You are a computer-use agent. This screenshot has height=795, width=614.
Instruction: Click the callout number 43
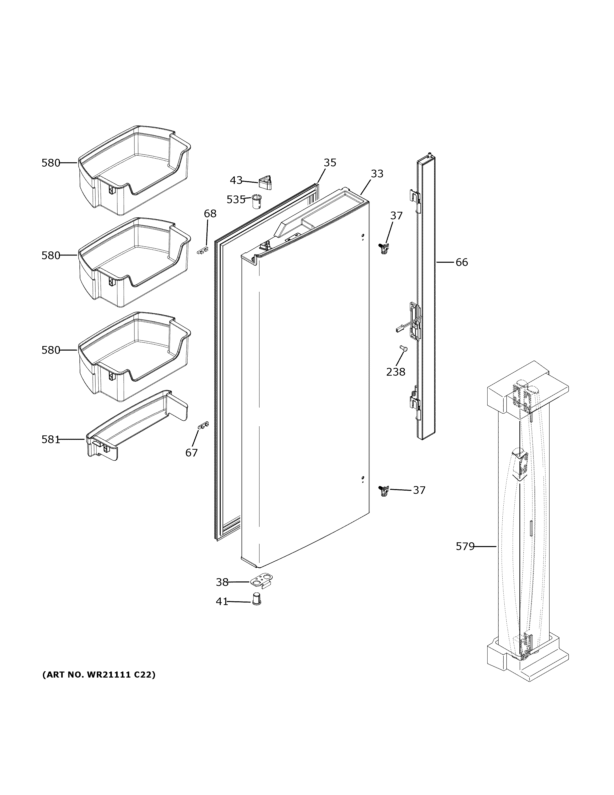236,180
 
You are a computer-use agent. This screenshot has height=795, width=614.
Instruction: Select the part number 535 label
236,200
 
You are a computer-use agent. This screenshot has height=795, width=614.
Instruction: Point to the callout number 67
191,452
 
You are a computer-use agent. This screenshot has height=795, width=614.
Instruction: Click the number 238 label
395,372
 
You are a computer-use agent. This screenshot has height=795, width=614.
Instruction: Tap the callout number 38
222,582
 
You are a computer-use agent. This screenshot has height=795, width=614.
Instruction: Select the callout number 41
222,602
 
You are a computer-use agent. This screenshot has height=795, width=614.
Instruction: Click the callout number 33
377,174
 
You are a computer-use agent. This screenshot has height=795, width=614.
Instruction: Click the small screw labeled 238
403,349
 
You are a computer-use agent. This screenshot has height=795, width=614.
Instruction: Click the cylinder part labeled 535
257,202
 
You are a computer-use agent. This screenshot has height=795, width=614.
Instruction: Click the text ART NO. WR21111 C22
99,675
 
